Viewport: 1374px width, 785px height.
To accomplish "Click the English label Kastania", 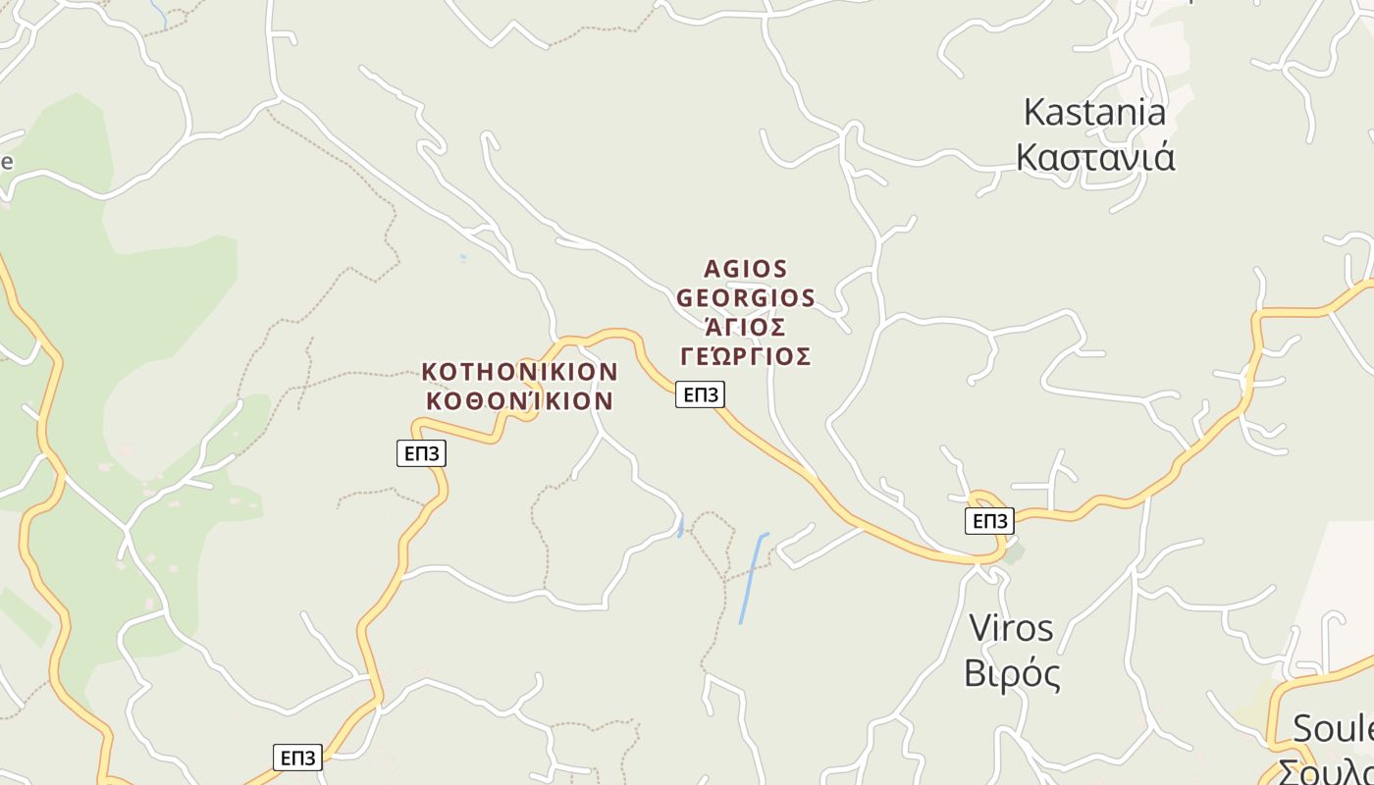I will [x=1094, y=112].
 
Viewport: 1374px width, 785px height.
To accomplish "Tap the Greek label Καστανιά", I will [x=1094, y=157].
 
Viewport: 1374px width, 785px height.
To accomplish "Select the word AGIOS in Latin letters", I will [x=746, y=269].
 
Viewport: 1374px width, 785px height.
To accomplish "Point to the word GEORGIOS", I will [x=746, y=297].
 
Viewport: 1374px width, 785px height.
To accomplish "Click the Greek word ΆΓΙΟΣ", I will [x=746, y=327].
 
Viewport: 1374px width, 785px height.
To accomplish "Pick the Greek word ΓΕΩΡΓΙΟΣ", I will [x=746, y=356].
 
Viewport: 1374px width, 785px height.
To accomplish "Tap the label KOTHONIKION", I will [x=519, y=372].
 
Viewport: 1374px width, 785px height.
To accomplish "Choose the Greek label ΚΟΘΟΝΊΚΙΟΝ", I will [x=519, y=400].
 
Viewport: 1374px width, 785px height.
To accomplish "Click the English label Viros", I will [x=1011, y=628].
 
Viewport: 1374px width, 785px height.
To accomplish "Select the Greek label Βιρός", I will [x=1012, y=674].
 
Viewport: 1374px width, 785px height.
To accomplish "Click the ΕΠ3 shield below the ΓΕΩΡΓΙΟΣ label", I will [x=700, y=394].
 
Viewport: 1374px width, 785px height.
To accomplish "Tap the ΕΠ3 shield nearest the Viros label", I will [x=989, y=521].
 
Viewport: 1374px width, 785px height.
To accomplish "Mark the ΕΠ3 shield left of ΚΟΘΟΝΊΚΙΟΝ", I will [x=421, y=453].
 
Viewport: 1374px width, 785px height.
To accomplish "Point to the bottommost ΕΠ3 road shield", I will [x=297, y=758].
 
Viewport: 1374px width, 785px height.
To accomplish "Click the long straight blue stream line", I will [x=753, y=579].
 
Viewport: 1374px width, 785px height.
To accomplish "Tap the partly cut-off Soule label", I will [x=1333, y=729].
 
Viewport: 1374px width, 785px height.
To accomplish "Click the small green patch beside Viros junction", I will [x=1013, y=553].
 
